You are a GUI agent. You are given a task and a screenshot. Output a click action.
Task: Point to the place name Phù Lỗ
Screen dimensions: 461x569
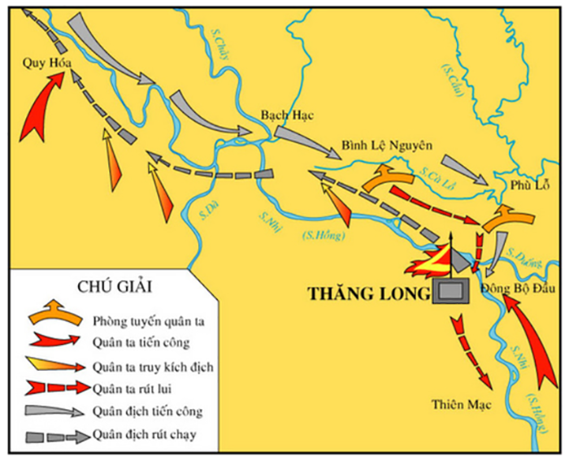(x=526, y=185)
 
